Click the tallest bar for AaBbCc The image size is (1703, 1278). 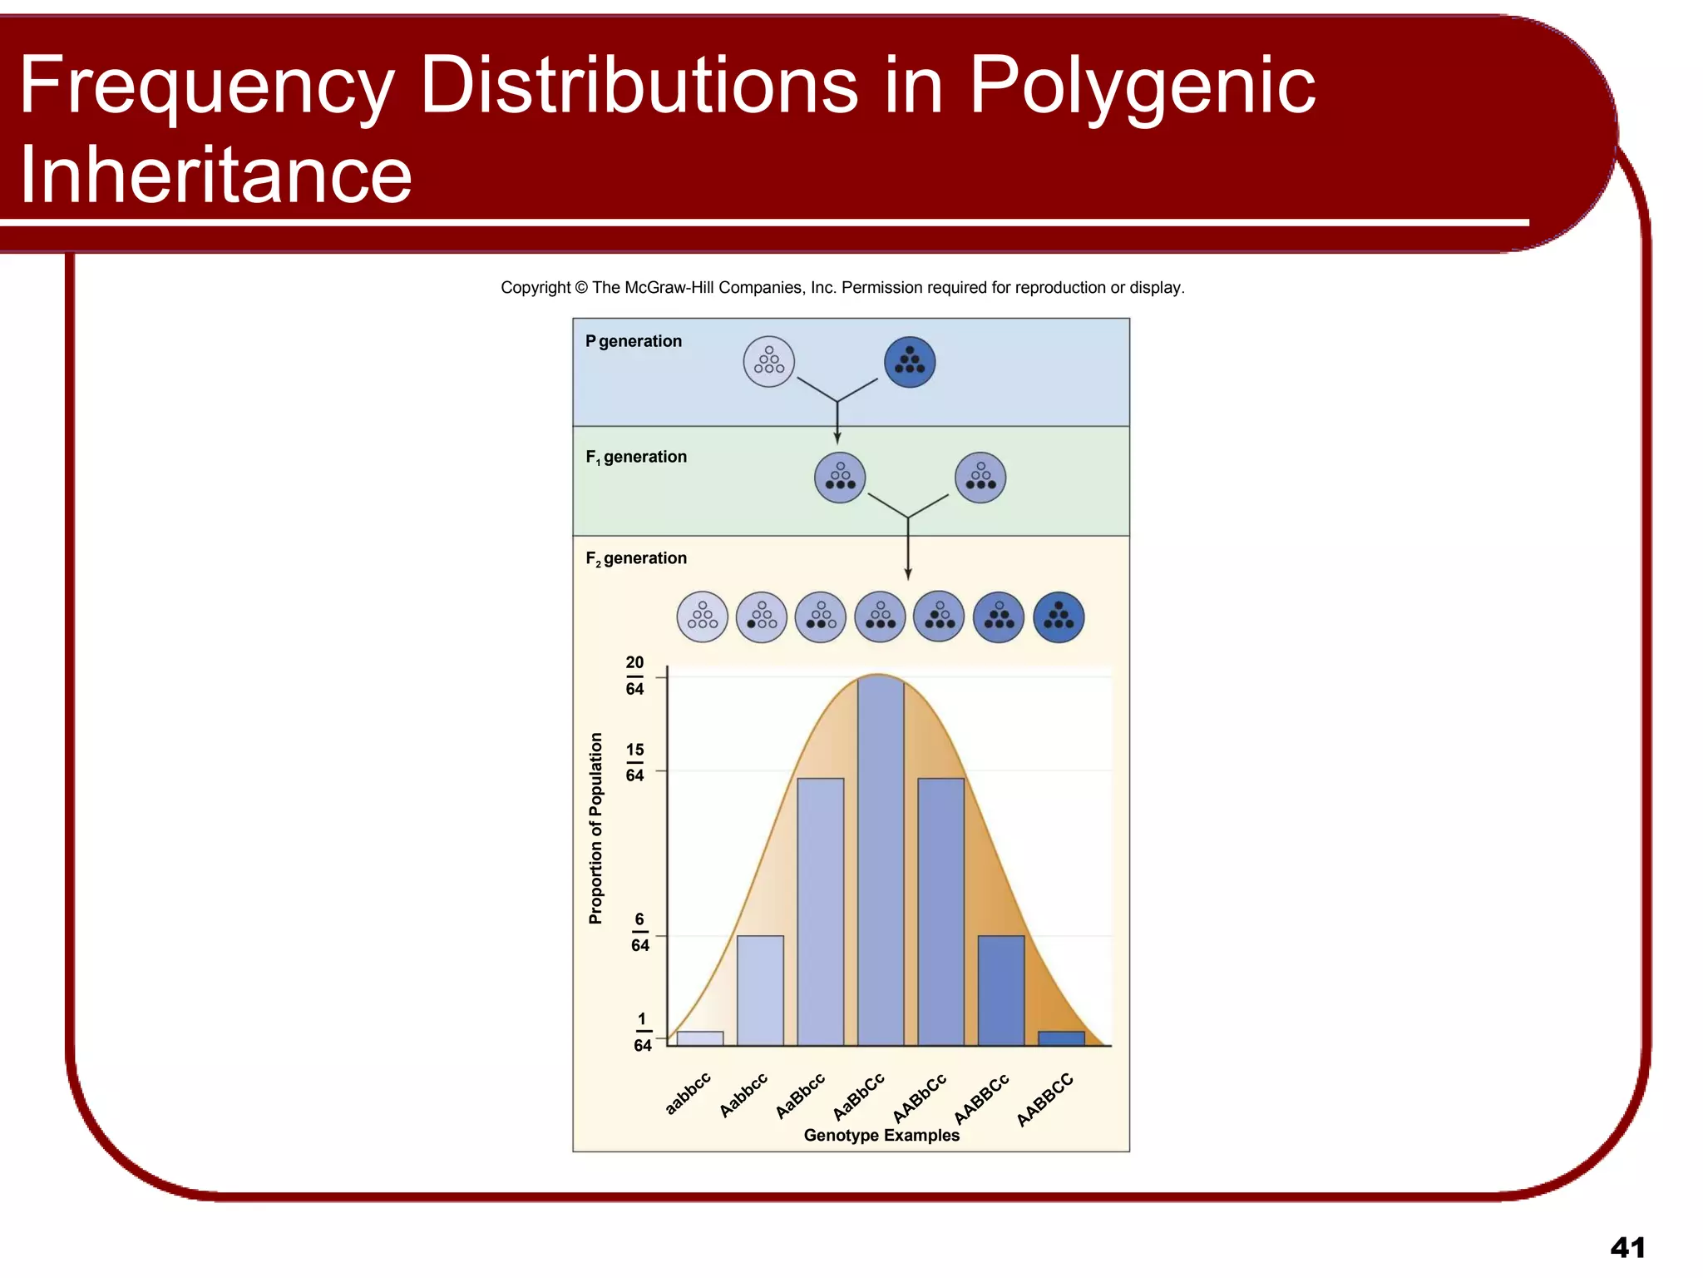click(881, 861)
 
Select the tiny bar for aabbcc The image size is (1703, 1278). click(700, 1038)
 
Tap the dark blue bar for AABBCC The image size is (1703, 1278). click(1061, 1038)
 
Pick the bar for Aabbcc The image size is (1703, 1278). click(760, 990)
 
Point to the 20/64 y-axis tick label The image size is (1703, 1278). click(634, 676)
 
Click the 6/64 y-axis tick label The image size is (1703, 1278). click(639, 932)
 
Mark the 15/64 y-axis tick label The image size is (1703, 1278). click(634, 762)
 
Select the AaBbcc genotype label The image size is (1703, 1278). click(800, 1096)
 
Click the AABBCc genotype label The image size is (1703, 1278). click(981, 1098)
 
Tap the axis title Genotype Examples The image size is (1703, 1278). click(881, 1136)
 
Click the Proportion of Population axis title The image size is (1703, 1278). click(595, 828)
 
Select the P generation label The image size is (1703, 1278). click(634, 341)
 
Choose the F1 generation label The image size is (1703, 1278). click(636, 457)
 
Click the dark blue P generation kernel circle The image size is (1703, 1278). click(910, 362)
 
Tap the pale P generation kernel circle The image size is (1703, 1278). click(769, 362)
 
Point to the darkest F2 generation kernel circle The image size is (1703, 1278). click(1059, 617)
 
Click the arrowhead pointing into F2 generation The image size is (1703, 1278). click(908, 574)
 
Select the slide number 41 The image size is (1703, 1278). click(1627, 1248)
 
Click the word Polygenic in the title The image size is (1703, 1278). click(1143, 85)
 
